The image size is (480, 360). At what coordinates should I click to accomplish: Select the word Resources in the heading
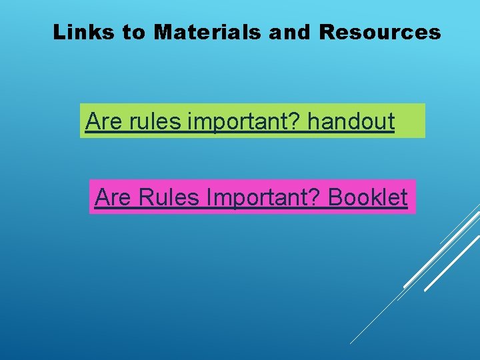pos(380,32)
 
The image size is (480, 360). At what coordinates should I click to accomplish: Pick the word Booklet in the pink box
pos(368,197)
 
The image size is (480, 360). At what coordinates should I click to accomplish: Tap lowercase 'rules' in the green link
pos(155,121)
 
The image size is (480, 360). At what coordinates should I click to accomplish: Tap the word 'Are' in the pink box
pos(111,197)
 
